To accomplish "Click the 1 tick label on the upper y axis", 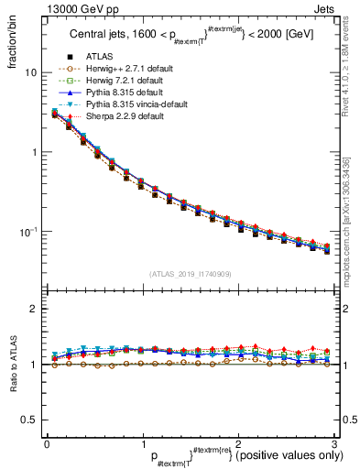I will [x=34, y=152].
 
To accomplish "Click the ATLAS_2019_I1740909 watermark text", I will [x=191, y=274].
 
